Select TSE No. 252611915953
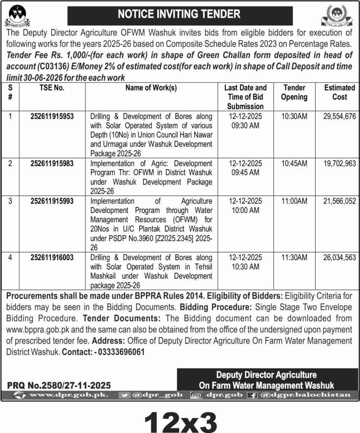coord(52,115)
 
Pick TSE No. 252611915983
coord(52,163)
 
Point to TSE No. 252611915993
coord(52,202)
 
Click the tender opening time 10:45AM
coord(294,163)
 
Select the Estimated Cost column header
coord(340,92)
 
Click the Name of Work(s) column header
coord(151,88)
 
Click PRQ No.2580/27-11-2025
coord(59,385)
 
